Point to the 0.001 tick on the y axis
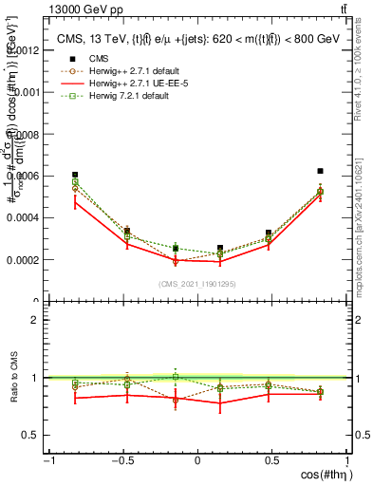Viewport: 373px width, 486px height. (26, 92)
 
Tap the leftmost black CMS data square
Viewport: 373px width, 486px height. (75, 175)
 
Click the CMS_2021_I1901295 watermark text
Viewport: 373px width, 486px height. (196, 284)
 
